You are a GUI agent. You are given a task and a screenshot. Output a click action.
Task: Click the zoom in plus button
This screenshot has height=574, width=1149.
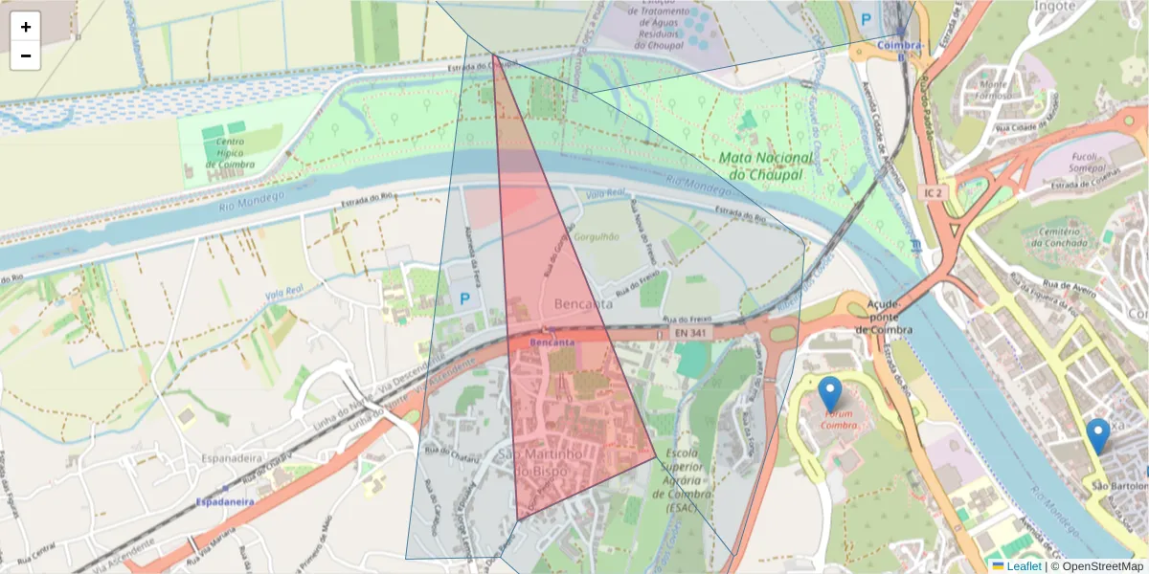tap(26, 27)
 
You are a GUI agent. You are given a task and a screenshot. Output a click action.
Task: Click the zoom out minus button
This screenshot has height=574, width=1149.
tap(26, 55)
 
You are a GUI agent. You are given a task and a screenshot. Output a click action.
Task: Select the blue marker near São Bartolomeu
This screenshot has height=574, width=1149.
tap(1098, 435)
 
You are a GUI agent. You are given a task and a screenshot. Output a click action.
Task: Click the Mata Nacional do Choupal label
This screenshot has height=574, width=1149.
tap(765, 166)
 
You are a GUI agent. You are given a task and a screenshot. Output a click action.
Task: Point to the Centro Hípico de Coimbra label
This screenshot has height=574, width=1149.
tap(230, 152)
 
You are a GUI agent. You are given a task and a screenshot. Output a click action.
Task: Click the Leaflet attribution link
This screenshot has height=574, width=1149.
tap(1024, 565)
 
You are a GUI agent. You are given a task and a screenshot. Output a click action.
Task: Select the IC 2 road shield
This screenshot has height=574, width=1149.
tap(935, 193)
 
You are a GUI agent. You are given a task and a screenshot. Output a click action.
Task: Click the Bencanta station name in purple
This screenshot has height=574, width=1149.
tap(552, 342)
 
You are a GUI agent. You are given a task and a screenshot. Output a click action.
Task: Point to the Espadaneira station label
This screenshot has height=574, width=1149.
tap(224, 501)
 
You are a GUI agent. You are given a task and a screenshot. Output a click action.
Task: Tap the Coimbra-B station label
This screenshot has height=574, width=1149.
tap(900, 49)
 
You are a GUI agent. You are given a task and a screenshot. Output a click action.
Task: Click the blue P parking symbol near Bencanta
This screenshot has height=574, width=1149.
tap(465, 299)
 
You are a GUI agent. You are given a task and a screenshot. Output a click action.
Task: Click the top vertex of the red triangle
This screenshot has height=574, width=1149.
tap(494, 55)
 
